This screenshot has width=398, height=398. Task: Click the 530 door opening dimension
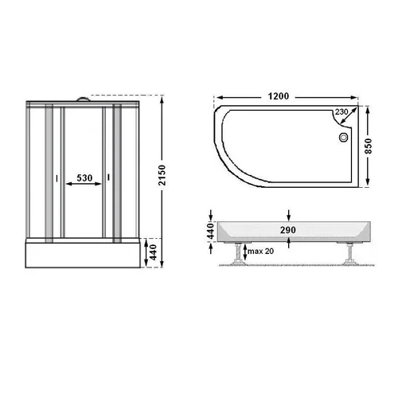point(84,178)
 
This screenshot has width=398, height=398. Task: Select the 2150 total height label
point(162,175)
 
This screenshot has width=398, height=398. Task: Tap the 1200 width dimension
point(278,96)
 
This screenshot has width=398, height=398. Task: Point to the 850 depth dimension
point(369,146)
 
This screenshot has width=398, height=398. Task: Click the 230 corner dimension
point(341,112)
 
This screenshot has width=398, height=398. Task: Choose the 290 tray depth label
point(288,230)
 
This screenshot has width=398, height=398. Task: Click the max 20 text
point(260,251)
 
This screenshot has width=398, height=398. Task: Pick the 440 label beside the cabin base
point(154,252)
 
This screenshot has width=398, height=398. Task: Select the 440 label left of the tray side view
point(210,231)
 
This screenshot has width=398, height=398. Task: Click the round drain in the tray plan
point(343,138)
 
